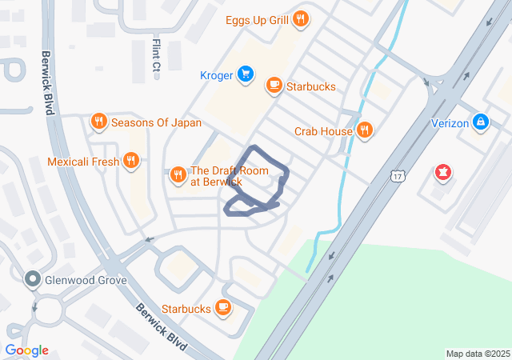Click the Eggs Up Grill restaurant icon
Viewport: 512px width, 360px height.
coord(300,18)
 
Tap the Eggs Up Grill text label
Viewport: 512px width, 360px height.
coord(257,18)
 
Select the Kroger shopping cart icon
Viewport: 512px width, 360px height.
coord(246,75)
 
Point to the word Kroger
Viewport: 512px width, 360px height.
coord(217,76)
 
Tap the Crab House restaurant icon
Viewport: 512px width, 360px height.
coord(365,130)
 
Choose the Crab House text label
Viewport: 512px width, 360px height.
coord(324,130)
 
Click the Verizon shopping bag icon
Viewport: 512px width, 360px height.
coord(481,123)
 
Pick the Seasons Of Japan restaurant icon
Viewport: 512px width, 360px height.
coord(99,122)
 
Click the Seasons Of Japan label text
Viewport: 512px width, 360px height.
coord(156,123)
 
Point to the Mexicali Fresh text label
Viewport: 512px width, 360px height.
coord(83,162)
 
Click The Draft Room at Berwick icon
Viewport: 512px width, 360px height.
coord(178,172)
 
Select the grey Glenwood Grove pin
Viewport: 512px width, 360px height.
coord(33,279)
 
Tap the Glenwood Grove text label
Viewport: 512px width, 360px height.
coord(86,280)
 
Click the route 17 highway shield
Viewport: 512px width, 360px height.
coord(397,175)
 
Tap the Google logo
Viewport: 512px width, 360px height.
coord(26,350)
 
